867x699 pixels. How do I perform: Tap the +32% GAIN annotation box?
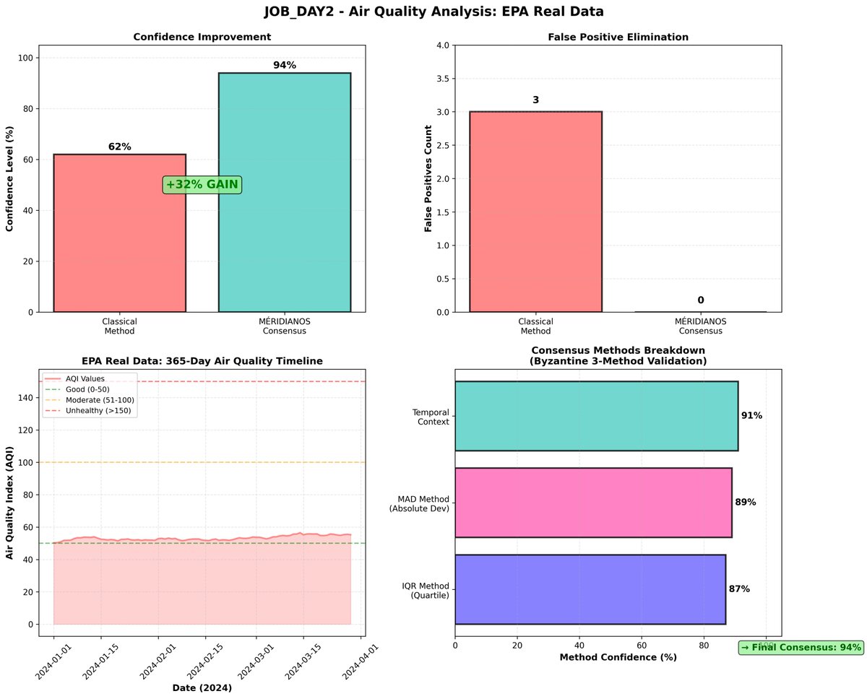click(202, 185)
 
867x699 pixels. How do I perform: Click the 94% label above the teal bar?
click(285, 66)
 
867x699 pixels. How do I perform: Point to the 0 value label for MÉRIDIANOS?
click(700, 300)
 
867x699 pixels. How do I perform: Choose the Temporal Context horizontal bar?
click(596, 416)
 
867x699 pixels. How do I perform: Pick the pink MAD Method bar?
click(593, 503)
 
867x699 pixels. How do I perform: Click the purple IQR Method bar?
click(590, 589)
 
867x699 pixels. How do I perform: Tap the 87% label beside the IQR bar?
click(739, 589)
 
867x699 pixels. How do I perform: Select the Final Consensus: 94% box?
click(801, 648)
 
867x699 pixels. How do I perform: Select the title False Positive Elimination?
click(618, 37)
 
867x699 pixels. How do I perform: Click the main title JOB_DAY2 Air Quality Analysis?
click(433, 12)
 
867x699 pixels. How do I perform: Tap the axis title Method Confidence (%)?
click(618, 658)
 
